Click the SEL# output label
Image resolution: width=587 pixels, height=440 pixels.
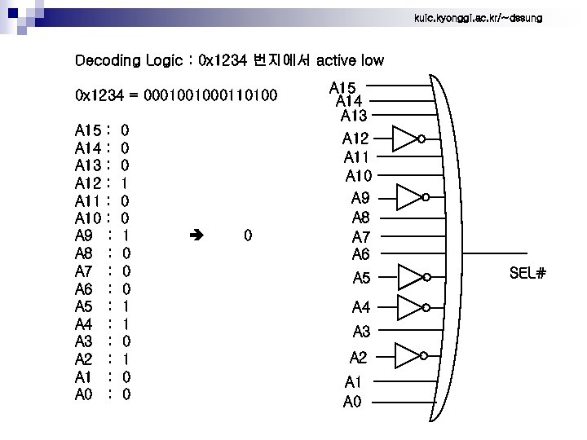[x=527, y=273]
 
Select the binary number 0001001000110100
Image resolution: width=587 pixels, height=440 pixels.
[x=210, y=96]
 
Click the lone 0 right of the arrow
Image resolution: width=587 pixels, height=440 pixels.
[x=248, y=236]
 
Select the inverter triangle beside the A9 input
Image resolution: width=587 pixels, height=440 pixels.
[x=408, y=197]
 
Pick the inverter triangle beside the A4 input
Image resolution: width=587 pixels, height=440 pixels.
[x=408, y=307]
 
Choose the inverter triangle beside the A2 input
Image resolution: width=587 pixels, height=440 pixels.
[x=406, y=356]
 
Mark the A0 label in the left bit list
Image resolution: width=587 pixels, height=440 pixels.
[x=84, y=395]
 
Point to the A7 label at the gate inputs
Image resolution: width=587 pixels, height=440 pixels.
[x=360, y=237]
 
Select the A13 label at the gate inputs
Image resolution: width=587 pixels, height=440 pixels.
[x=354, y=116]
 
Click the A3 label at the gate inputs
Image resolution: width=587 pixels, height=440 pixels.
[x=361, y=332]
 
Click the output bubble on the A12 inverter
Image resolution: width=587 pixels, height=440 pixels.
[x=421, y=139]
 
